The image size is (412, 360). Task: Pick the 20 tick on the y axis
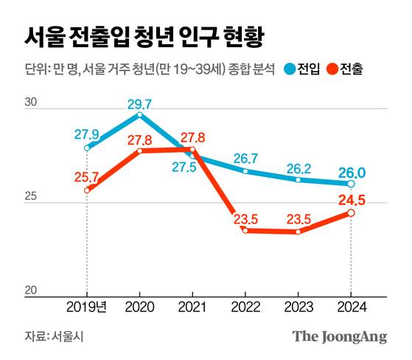click(31, 291)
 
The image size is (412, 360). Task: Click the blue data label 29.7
click(140, 103)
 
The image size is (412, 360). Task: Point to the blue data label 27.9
click(87, 134)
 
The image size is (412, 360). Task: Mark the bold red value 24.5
click(351, 199)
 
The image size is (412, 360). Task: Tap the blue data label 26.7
click(245, 159)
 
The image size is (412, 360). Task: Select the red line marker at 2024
click(351, 212)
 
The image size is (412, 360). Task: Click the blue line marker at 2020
click(140, 114)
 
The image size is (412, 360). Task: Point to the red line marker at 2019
click(87, 190)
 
